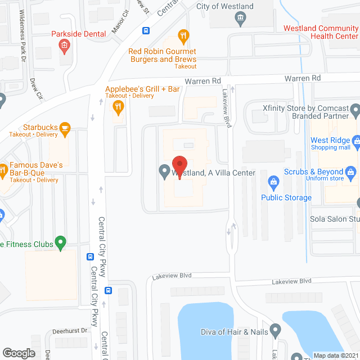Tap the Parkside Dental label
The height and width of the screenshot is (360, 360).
(78, 34)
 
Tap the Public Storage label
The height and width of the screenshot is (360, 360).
(286, 197)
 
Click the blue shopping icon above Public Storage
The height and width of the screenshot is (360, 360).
(273, 182)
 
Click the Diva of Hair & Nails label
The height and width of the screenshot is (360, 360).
(235, 332)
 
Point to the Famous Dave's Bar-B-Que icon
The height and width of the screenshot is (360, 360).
(3, 168)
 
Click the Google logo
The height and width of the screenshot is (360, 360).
(19, 353)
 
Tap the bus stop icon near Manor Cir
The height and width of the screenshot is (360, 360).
(146, 30)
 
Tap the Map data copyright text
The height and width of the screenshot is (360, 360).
(335, 355)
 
